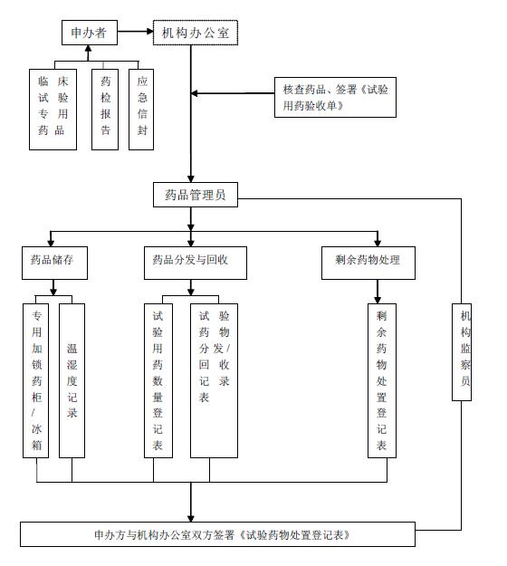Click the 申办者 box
tap(89, 34)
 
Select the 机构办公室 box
tap(194, 34)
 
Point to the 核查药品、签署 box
tap(334, 98)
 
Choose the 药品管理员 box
tap(195, 195)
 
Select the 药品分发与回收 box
tap(190, 261)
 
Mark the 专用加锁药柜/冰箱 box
tap(36, 380)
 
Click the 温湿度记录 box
tap(72, 380)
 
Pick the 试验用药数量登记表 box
tap(158, 380)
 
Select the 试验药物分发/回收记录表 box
tap(214, 380)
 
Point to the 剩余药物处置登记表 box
tap(381, 380)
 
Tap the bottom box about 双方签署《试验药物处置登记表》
tap(217, 534)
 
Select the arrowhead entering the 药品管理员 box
tap(191, 177)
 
